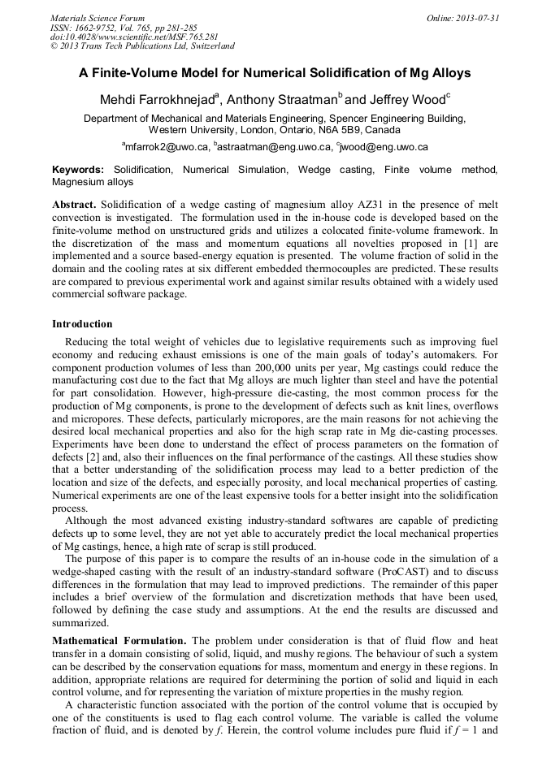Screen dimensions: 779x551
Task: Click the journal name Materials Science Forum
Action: click(98, 18)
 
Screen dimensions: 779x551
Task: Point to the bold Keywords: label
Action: click(78, 170)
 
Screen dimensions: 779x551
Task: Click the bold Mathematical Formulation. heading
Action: click(119, 641)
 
